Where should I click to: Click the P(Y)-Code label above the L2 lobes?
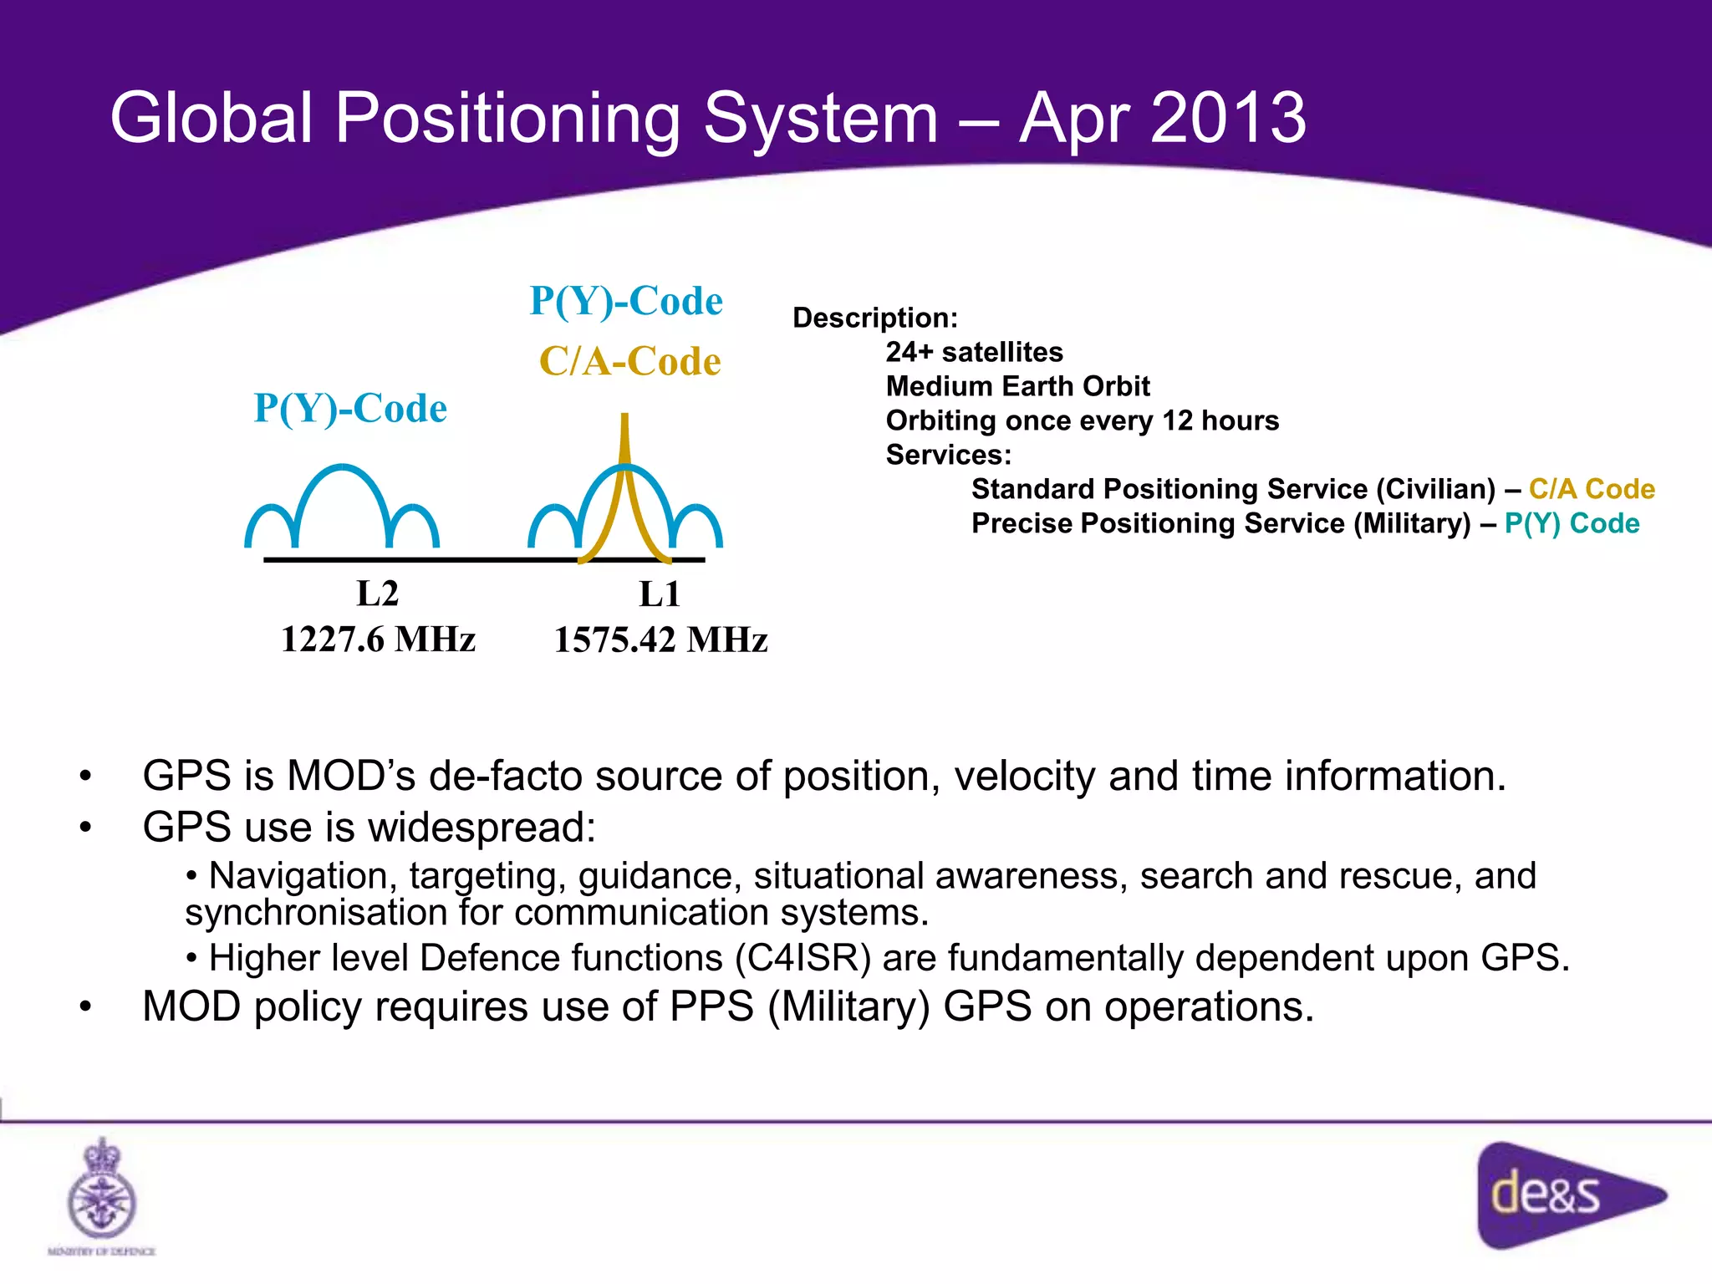[x=350, y=409]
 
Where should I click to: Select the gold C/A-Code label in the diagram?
[x=629, y=362]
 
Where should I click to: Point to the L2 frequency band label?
[x=377, y=594]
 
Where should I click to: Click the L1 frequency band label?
[x=660, y=594]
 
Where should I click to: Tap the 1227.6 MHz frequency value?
[x=378, y=639]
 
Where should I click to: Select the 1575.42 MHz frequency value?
[x=660, y=640]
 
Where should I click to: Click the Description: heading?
[x=874, y=318]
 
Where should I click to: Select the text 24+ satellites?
[x=974, y=352]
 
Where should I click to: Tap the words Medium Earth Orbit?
[x=1017, y=386]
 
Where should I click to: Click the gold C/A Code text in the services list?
[x=1591, y=489]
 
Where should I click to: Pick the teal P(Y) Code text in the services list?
[x=1571, y=523]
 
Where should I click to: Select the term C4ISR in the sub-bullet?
[x=802, y=958]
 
